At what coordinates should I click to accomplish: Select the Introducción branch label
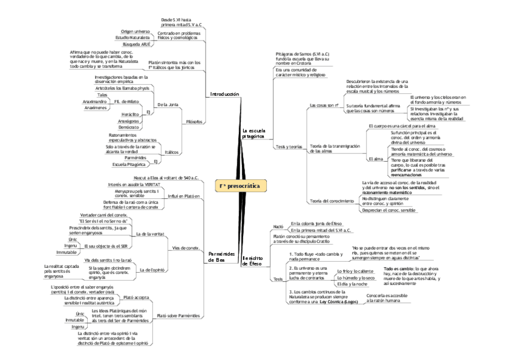(224, 95)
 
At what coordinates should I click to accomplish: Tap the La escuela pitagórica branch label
(253, 133)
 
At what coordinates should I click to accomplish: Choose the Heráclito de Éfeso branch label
(253, 261)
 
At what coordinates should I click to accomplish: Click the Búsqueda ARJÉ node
(136, 45)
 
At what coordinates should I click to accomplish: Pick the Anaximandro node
(96, 101)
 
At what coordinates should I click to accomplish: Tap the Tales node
(102, 95)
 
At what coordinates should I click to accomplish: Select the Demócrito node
(128, 128)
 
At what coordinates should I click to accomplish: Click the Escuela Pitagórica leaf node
(129, 164)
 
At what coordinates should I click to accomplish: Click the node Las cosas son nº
(323, 105)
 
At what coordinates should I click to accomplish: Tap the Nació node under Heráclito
(278, 226)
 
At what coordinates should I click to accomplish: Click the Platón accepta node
(136, 298)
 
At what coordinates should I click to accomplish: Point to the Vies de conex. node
(186, 248)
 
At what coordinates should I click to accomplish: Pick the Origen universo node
(135, 30)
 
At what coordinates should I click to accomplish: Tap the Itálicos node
(171, 152)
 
